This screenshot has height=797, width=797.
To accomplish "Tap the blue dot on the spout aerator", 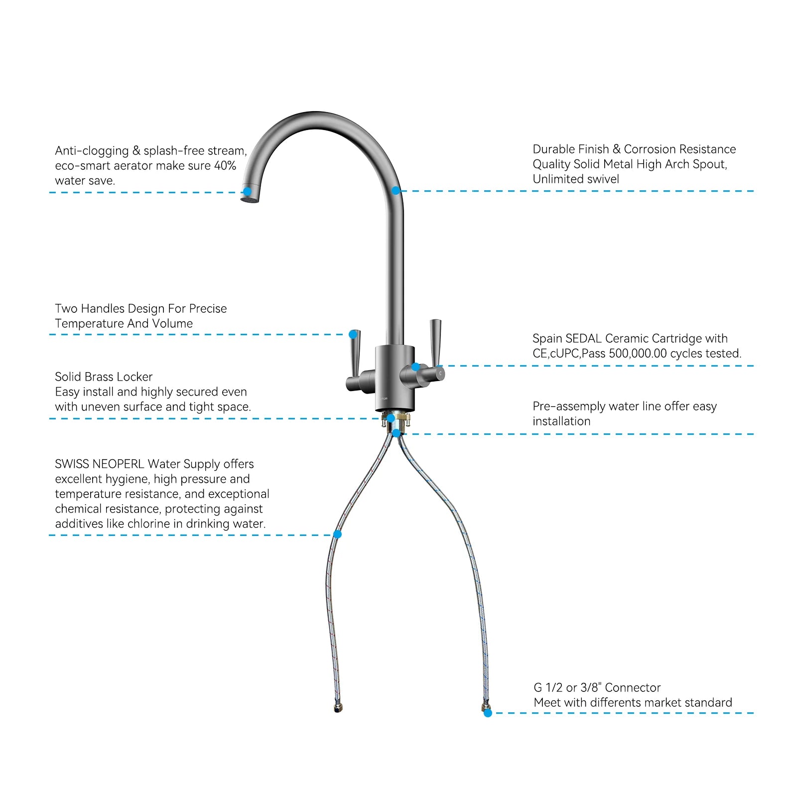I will click(247, 192).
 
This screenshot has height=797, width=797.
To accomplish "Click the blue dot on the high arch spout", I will click(396, 190).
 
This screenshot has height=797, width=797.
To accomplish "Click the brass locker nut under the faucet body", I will click(397, 419).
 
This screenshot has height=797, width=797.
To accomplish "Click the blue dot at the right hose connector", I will click(488, 713).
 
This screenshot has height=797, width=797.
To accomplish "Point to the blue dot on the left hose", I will click(337, 534).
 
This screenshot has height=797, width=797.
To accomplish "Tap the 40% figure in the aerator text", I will click(225, 166).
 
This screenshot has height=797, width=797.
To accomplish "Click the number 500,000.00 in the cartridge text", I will click(638, 354).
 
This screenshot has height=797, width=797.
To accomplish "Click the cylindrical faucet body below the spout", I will click(394, 379).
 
